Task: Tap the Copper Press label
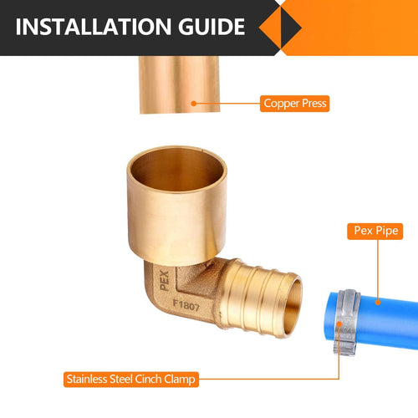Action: pos(294,104)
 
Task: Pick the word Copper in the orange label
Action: pos(280,104)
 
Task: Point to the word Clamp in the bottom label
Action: pos(180,380)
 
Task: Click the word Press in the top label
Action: pos(313,104)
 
